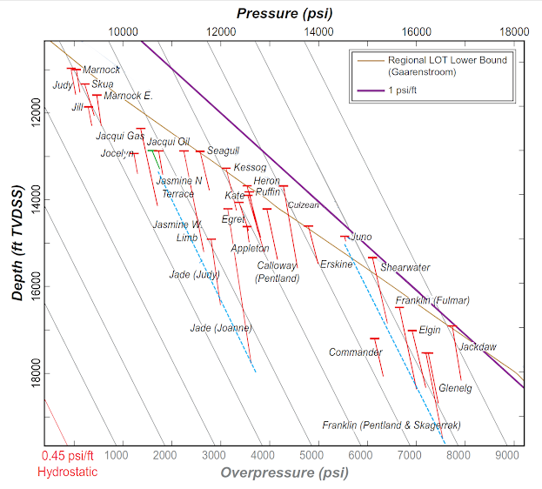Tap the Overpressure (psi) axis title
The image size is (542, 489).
point(284,473)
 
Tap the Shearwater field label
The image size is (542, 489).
point(405,268)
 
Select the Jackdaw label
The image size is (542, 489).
point(478,347)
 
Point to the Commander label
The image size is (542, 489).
point(355,352)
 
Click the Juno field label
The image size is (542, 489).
point(361,237)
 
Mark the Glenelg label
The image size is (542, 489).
point(455,388)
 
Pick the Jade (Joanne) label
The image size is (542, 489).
point(221,328)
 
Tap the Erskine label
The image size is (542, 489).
point(336,264)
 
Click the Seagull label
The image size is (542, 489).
point(223,151)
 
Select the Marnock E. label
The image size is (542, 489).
point(128,96)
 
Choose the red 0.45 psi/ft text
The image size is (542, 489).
point(68,456)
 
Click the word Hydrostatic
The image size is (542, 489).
point(67,472)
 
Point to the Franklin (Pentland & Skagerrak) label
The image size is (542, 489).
point(391,425)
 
